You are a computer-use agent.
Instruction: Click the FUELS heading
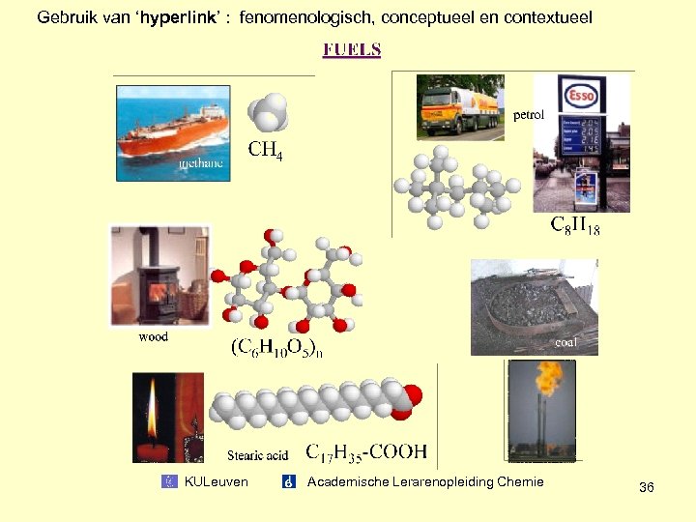[x=352, y=49]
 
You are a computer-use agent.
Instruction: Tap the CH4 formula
[x=266, y=150]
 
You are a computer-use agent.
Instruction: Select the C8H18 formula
[x=575, y=226]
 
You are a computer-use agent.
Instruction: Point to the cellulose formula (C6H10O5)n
[x=276, y=348]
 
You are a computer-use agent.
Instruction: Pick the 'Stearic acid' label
[x=257, y=454]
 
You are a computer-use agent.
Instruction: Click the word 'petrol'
[x=529, y=114]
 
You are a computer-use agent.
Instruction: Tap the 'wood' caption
[x=153, y=336]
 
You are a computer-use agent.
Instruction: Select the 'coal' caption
[x=566, y=342]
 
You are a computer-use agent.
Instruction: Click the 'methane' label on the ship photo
[x=201, y=163]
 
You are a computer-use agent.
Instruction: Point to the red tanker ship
[x=169, y=135]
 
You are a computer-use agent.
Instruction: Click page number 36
[x=647, y=488]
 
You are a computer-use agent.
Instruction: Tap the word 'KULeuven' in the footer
[x=216, y=481]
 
